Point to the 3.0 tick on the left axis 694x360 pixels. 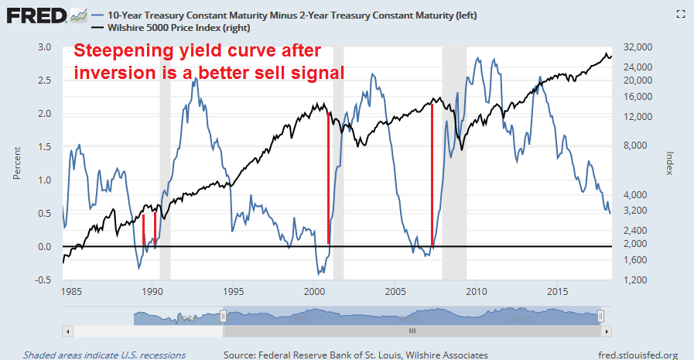point(46,47)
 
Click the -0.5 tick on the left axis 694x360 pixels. point(43,279)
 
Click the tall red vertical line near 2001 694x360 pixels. point(329,178)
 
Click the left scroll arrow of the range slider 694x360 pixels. point(67,331)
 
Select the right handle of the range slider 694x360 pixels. point(600,317)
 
